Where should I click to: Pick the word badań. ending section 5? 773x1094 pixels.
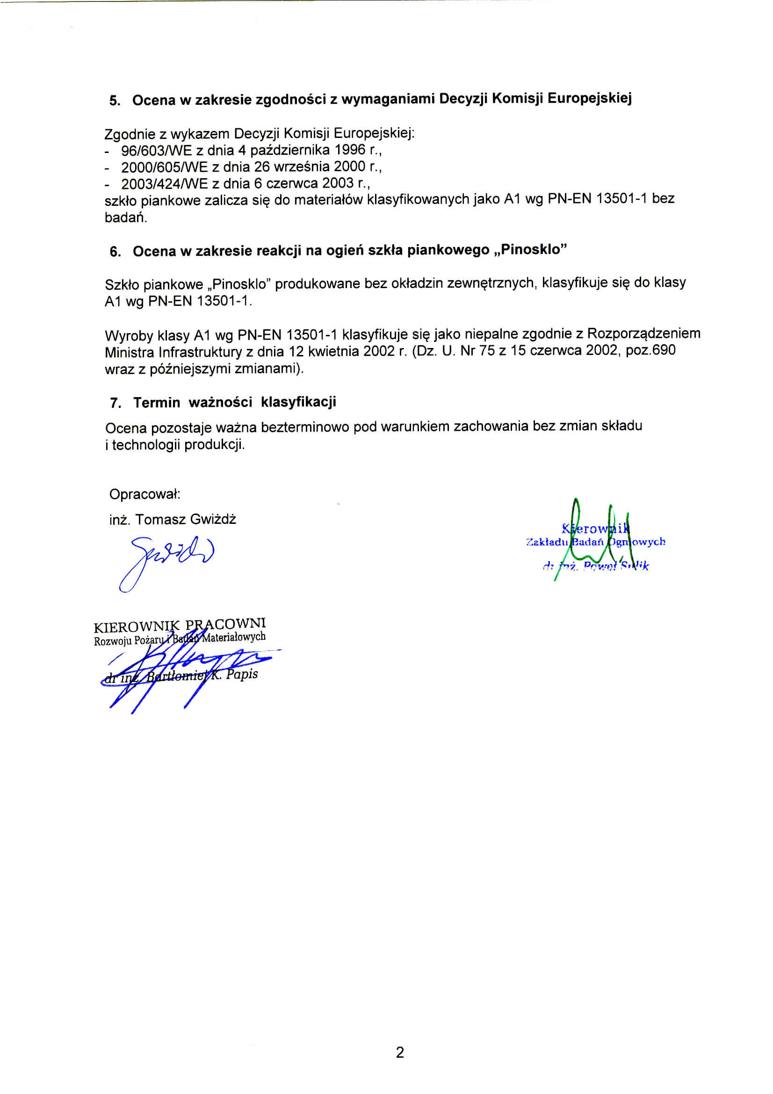click(126, 218)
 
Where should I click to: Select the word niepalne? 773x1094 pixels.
click(492, 333)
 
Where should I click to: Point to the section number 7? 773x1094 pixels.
click(115, 403)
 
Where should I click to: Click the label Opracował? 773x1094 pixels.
click(145, 494)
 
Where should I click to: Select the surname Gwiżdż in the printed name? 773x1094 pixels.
click(212, 519)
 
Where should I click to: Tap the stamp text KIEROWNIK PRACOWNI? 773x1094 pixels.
click(180, 625)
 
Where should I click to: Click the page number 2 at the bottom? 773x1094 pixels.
click(400, 1052)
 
